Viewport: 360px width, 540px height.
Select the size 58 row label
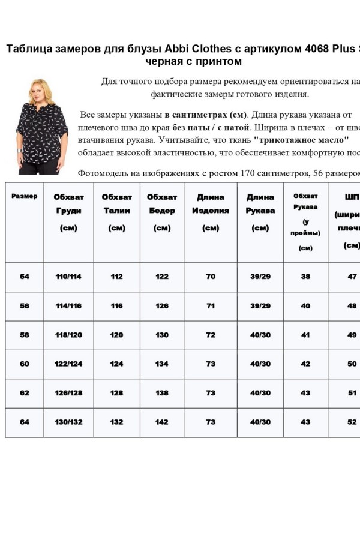(25, 335)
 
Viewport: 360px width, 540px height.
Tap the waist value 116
(116, 306)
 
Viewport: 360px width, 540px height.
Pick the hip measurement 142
(162, 422)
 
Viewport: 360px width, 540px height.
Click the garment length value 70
(211, 277)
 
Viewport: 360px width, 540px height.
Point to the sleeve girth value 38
(305, 277)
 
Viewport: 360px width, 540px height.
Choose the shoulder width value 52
(352, 422)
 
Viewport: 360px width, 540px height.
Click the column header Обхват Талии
(116, 212)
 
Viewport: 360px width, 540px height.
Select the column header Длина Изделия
(211, 212)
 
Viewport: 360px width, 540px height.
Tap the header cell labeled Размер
(25, 196)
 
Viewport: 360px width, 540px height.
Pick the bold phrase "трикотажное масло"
(301, 139)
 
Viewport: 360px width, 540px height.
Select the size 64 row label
(25, 422)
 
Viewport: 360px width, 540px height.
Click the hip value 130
(162, 335)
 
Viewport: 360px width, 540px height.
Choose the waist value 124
(116, 364)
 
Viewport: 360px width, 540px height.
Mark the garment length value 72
(211, 335)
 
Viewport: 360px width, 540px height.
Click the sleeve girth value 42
(305, 364)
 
